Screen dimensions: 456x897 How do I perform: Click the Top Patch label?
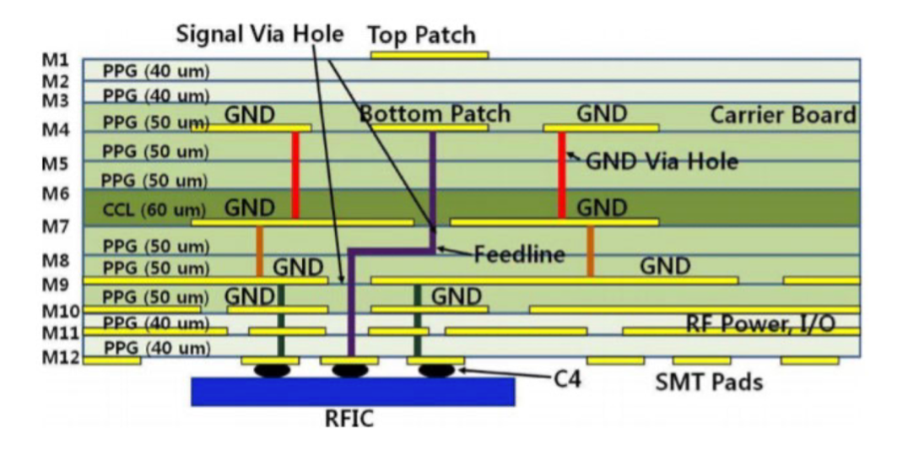click(421, 35)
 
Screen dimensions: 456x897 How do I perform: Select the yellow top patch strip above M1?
click(430, 55)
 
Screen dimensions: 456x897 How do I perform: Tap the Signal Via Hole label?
click(260, 35)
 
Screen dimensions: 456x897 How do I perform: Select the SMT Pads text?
click(709, 383)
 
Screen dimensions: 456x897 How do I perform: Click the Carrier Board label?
click(783, 115)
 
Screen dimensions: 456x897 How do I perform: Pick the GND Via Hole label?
click(662, 160)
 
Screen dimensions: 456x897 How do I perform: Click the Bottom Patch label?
click(435, 114)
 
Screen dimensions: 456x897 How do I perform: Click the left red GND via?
click(295, 175)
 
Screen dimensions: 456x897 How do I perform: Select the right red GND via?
click(561, 175)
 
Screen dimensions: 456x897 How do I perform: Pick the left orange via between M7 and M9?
click(259, 251)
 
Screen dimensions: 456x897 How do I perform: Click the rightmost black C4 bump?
click(436, 370)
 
